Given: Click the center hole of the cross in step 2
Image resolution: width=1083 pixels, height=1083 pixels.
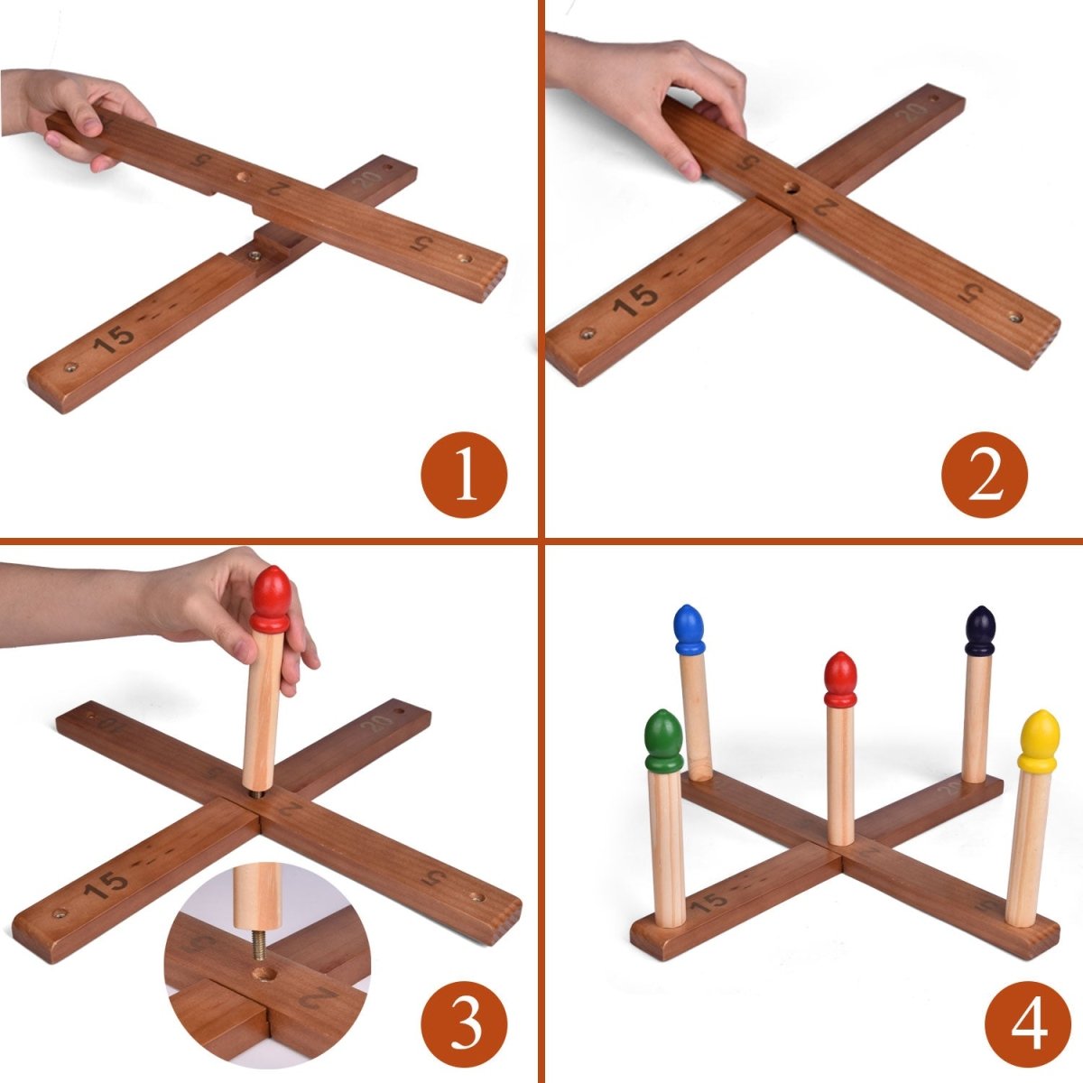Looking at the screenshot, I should pyautogui.click(x=791, y=190).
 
